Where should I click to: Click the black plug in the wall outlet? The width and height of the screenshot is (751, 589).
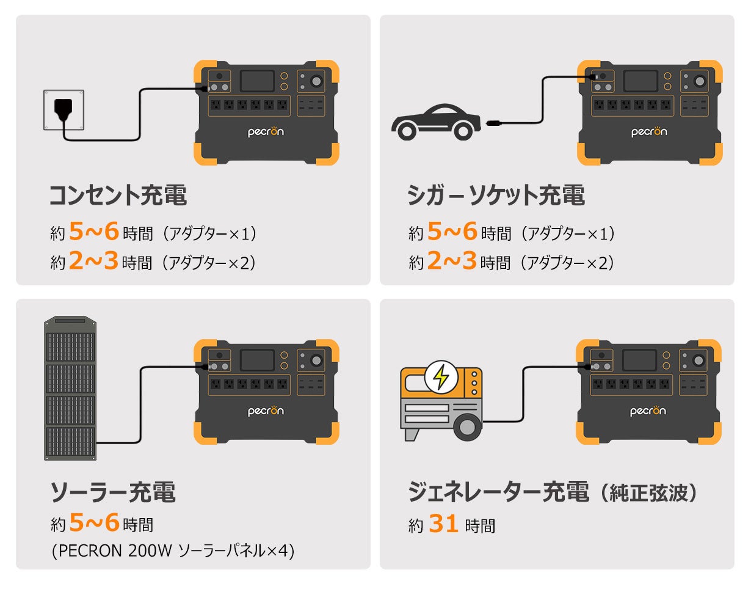pos(63,109)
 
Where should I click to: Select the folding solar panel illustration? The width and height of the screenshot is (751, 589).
pos(70,389)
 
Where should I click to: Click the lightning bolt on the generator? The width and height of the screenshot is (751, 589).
pos(440,376)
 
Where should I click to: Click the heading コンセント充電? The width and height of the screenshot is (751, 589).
pos(118,196)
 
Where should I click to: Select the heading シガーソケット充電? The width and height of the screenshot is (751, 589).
pos(496,196)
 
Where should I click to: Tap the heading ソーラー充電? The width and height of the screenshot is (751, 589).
pos(112,492)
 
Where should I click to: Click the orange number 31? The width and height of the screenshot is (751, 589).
pos(443,524)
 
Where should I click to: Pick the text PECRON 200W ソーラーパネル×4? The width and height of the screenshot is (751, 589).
pos(173,551)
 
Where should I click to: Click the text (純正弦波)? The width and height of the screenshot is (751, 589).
pos(647,492)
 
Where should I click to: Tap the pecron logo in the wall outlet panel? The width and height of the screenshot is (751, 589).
pos(266,131)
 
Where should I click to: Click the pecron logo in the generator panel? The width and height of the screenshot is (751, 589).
pos(648,411)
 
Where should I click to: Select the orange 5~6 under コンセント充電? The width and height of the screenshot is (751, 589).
pos(93,232)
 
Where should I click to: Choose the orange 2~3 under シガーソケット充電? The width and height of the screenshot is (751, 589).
pos(452,262)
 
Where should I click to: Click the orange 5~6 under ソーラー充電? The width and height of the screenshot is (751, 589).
pos(93,524)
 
